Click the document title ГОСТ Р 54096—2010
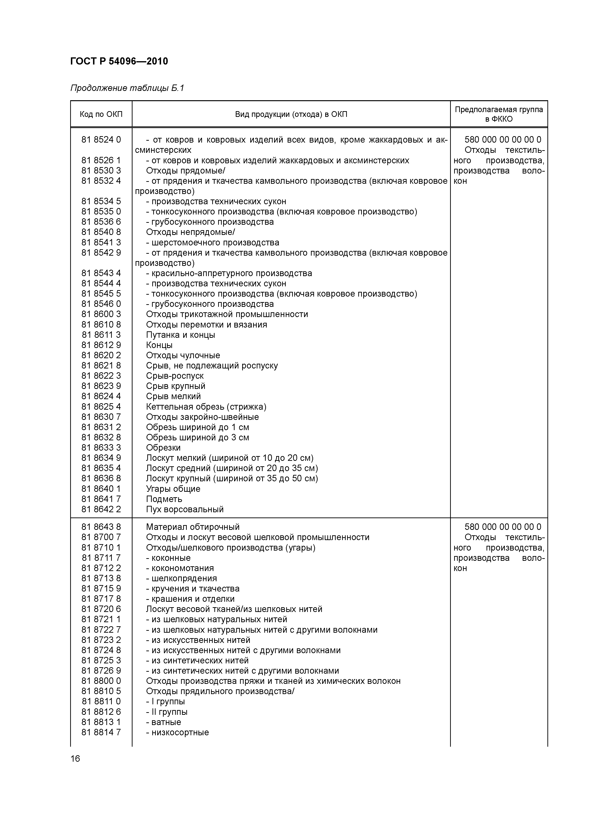click(x=119, y=61)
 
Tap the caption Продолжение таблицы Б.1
click(x=127, y=88)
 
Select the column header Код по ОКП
click(x=101, y=114)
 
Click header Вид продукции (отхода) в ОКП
click(x=291, y=114)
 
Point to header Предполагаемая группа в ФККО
click(x=499, y=114)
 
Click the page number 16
click(x=75, y=758)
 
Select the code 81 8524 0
click(x=101, y=140)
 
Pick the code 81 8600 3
click(x=101, y=314)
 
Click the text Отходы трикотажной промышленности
click(x=227, y=314)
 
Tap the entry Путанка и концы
click(x=180, y=335)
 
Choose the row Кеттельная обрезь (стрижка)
click(x=206, y=407)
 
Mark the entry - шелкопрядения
click(x=181, y=578)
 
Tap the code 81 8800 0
click(x=101, y=681)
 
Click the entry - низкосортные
click(x=177, y=732)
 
